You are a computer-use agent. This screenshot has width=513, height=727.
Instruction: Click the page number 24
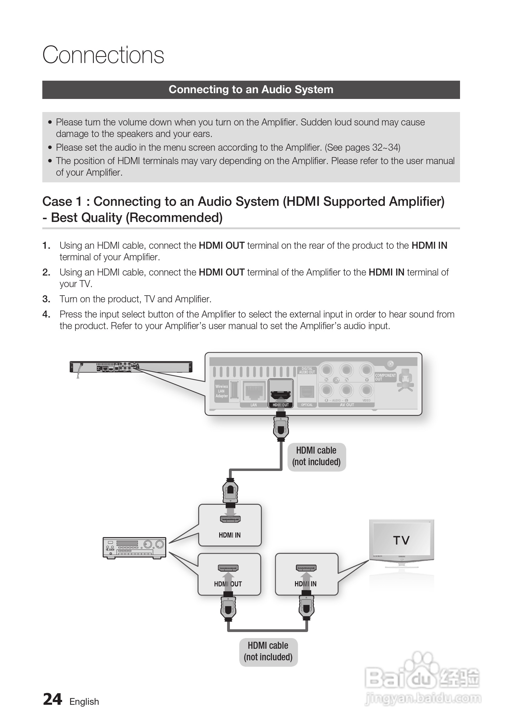click(53, 700)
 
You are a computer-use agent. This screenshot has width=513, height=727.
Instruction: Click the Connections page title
click(103, 55)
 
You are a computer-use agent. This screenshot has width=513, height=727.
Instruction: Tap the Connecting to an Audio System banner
click(251, 90)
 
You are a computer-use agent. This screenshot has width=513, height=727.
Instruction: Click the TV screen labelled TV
click(402, 540)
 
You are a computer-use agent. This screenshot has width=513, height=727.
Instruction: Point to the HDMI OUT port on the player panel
click(281, 393)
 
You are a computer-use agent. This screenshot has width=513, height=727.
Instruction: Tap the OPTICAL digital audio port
click(307, 392)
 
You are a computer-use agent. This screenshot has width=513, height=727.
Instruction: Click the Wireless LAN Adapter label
click(222, 391)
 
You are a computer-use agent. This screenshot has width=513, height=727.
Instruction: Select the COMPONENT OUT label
click(385, 377)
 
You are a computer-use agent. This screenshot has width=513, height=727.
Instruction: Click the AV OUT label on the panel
click(347, 405)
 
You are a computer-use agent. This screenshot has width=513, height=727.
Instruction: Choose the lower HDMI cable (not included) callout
click(268, 651)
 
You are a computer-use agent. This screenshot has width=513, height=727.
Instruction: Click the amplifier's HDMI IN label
click(230, 535)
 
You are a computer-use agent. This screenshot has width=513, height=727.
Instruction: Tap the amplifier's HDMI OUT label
click(228, 584)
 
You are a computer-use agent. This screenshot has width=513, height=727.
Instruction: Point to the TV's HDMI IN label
click(306, 584)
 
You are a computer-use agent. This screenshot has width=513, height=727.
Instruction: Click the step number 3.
click(46, 299)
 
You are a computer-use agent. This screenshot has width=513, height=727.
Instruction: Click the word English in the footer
click(84, 702)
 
